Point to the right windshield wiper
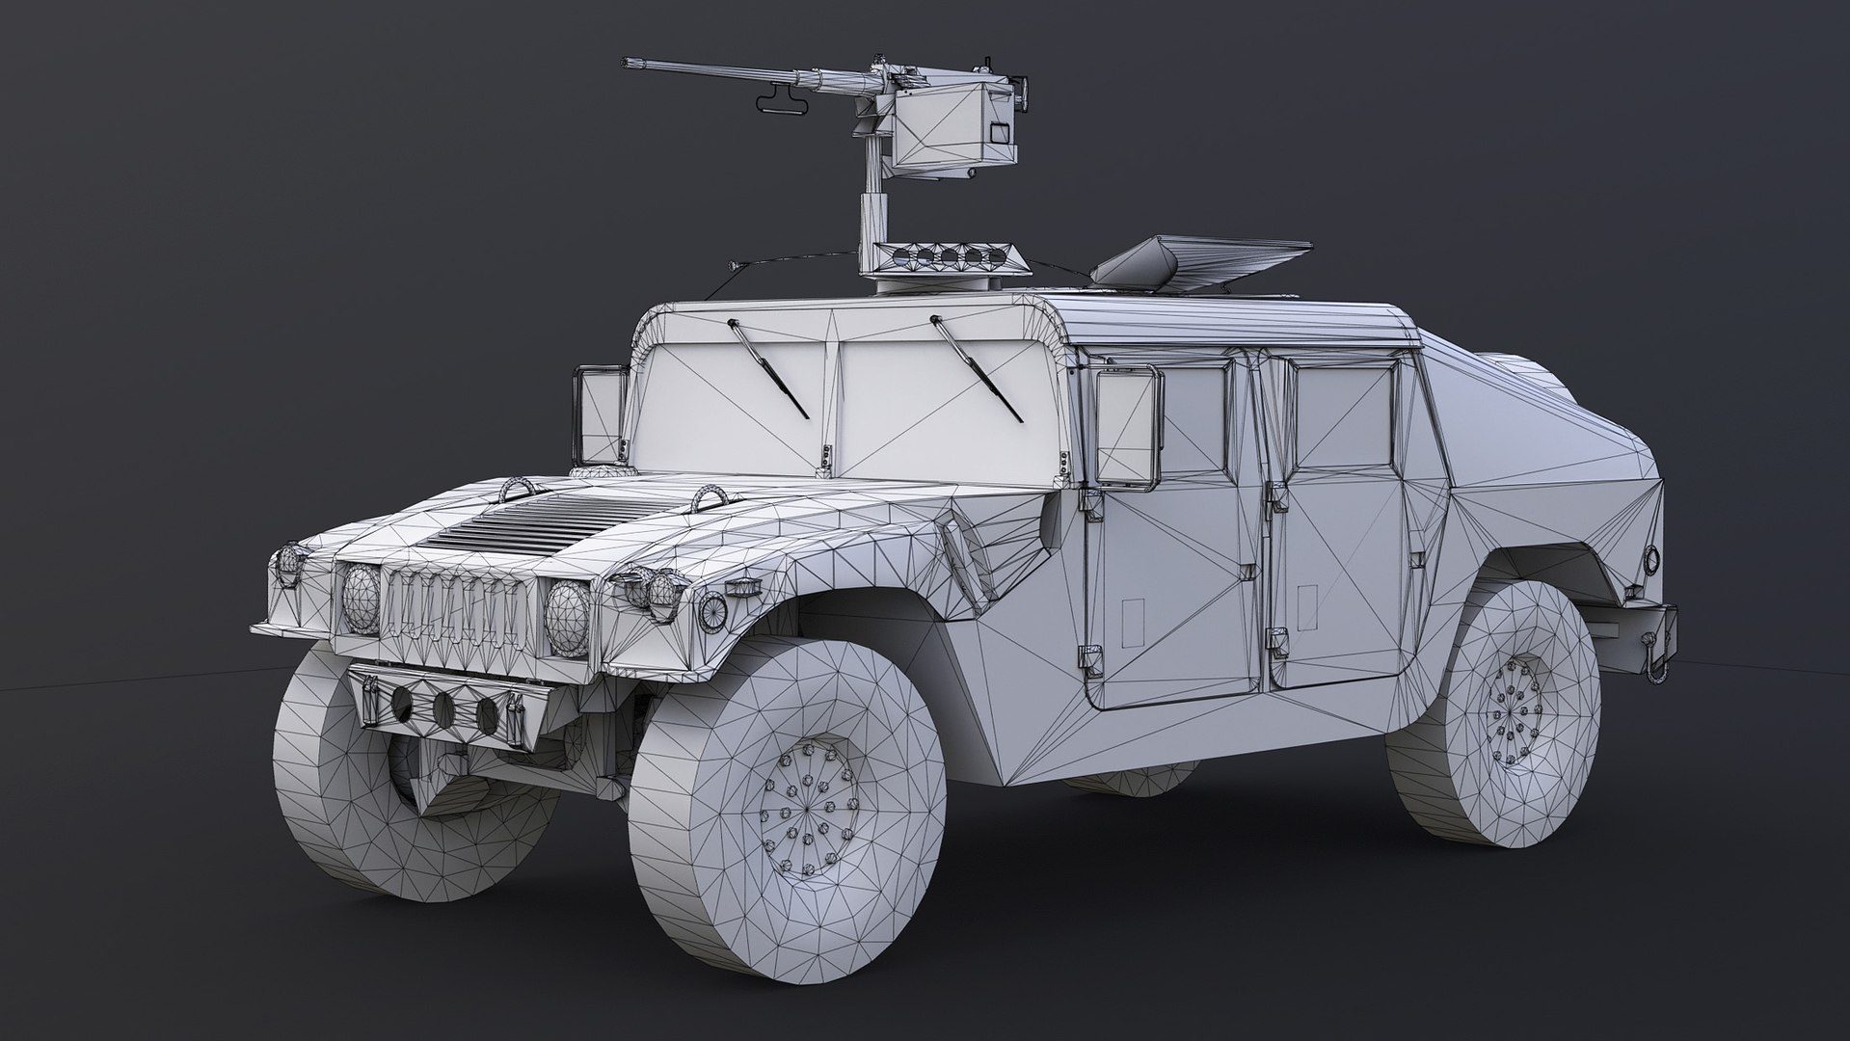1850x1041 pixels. coord(977,368)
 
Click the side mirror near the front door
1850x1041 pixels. coord(1127,426)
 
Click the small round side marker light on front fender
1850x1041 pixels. coord(712,608)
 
